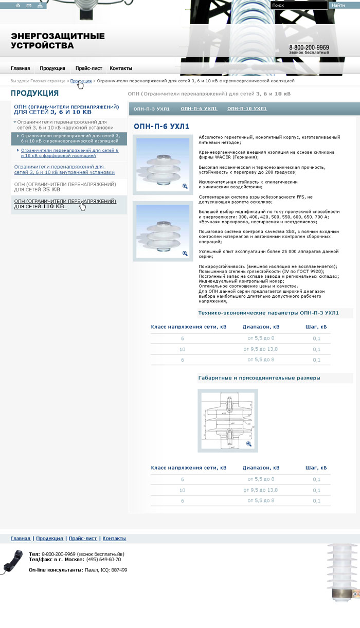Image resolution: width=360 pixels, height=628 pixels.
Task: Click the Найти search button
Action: tap(338, 5)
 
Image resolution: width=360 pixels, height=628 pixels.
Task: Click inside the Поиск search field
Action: tap(298, 5)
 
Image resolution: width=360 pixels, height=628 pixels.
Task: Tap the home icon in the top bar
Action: tap(18, 5)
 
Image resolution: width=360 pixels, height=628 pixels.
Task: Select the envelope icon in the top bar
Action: tap(29, 5)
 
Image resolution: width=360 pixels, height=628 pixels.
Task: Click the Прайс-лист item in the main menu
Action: tap(88, 68)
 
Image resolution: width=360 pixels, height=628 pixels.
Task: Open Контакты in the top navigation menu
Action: tap(121, 68)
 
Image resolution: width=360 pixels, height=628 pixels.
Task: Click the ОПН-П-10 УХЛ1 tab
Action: tap(247, 109)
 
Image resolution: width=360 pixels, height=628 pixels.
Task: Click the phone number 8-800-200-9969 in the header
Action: tap(309, 47)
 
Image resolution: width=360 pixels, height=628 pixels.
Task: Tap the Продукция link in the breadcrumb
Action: tap(81, 81)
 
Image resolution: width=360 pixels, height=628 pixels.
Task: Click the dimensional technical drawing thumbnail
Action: tap(227, 420)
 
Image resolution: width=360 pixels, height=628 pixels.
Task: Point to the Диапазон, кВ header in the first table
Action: tap(261, 327)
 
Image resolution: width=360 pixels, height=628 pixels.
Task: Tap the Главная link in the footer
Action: tap(21, 539)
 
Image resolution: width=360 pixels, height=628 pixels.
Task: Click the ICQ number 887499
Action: tap(119, 570)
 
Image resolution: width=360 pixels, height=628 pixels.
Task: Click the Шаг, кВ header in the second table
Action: tap(316, 468)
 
